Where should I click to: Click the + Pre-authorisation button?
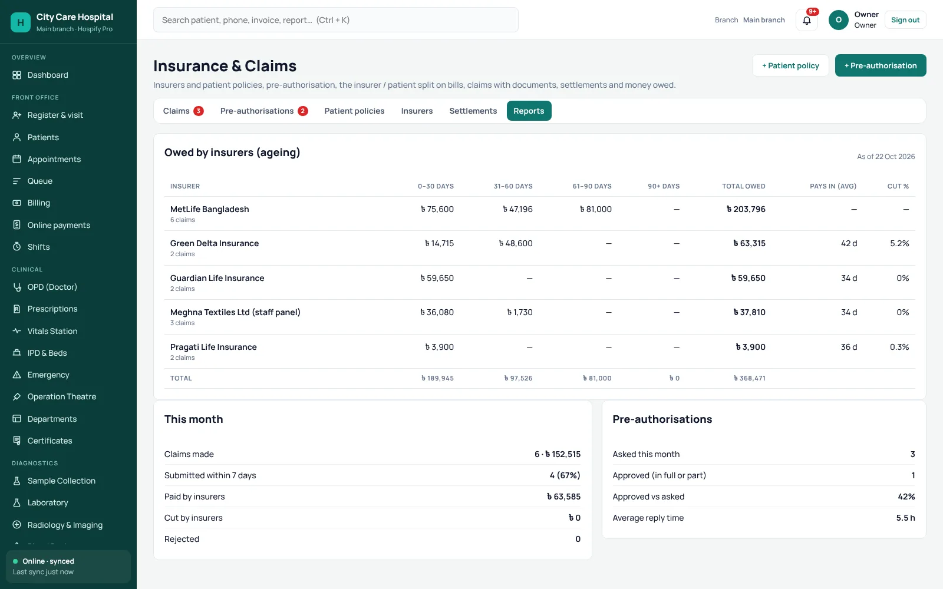click(x=881, y=65)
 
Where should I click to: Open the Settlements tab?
click(x=473, y=111)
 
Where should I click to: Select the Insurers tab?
click(x=417, y=111)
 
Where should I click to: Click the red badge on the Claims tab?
click(x=198, y=111)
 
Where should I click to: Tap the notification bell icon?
click(x=807, y=20)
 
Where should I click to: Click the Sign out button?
click(x=905, y=20)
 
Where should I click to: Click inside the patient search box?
click(x=335, y=20)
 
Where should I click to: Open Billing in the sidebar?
click(x=38, y=203)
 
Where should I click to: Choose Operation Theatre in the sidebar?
click(x=61, y=396)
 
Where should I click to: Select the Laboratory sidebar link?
click(x=48, y=502)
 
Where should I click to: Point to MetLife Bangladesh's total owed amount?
click(x=746, y=209)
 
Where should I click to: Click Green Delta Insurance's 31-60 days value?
click(x=516, y=243)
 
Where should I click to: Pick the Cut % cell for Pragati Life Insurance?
click(x=899, y=347)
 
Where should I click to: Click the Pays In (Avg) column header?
click(x=833, y=186)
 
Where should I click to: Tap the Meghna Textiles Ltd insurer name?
click(x=235, y=312)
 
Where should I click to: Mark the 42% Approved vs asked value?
click(x=906, y=497)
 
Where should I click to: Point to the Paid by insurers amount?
click(x=563, y=497)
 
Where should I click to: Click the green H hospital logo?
click(x=21, y=22)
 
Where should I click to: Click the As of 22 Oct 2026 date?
click(x=886, y=157)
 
